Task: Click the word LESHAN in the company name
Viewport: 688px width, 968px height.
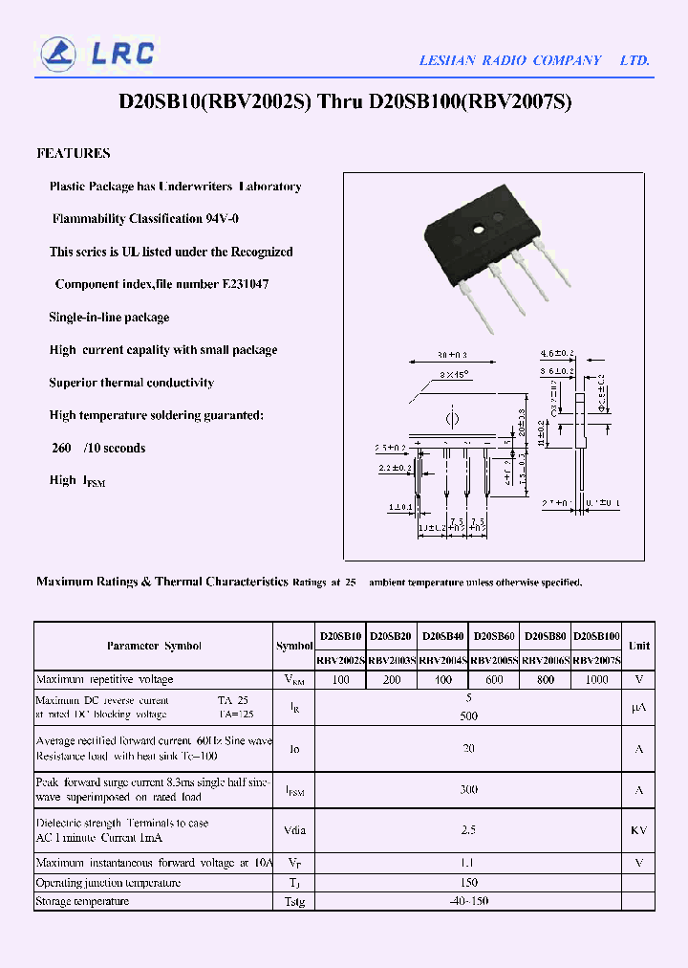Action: (x=445, y=60)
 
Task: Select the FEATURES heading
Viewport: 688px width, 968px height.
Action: (x=74, y=153)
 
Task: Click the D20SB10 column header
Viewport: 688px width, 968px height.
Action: (x=339, y=636)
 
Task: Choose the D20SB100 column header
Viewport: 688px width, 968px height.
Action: (x=597, y=636)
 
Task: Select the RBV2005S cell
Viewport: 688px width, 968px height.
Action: (x=494, y=660)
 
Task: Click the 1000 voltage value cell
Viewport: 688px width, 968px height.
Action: (x=596, y=679)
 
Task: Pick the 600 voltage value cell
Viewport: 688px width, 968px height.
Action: (x=494, y=679)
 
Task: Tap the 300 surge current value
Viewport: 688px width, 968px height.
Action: (x=468, y=790)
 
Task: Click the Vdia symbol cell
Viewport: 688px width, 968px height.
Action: (x=294, y=830)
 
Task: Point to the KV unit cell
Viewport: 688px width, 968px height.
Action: (x=639, y=830)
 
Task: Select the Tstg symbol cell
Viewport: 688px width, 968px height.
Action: (x=294, y=901)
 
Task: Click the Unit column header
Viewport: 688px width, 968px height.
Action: (x=639, y=646)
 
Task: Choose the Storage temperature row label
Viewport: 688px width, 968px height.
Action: (x=82, y=901)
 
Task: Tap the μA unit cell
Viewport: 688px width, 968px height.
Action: (x=639, y=707)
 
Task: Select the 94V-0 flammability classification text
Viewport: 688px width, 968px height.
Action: (x=222, y=219)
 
